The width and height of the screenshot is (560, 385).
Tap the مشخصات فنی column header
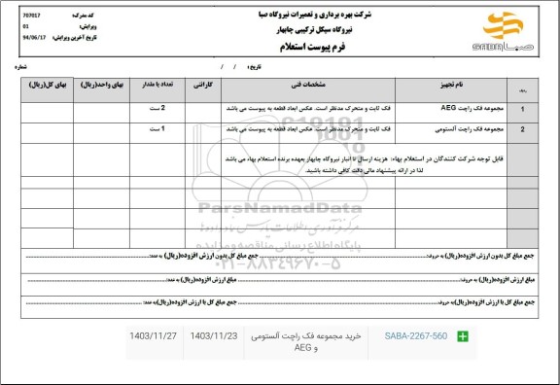306,87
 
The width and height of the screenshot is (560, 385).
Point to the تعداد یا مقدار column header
156,87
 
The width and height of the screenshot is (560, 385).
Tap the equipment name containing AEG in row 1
467,109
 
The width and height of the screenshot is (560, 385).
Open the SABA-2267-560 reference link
414,336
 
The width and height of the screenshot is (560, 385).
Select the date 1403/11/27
152,336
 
